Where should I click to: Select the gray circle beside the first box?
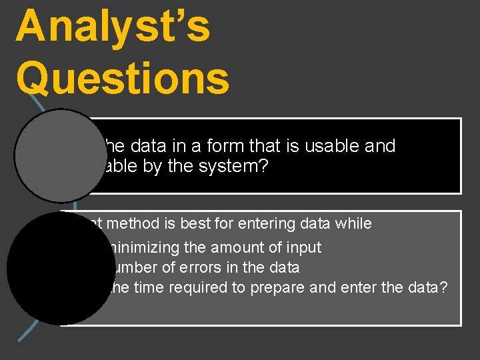(x=57, y=155)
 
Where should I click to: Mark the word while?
(x=354, y=224)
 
